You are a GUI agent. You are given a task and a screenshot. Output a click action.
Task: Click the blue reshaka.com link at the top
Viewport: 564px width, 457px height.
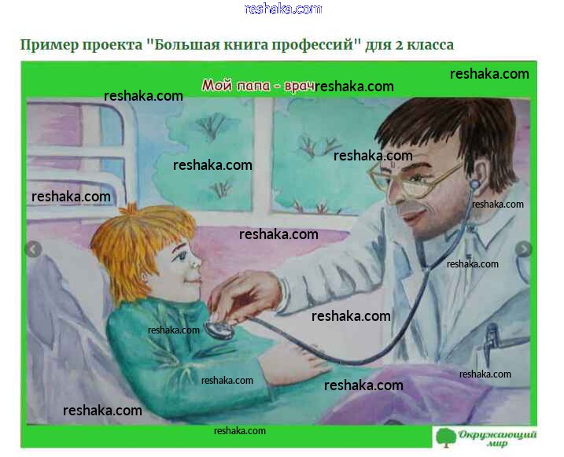coord(282,9)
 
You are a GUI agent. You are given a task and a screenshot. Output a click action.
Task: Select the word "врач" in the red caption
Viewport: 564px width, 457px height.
coord(299,87)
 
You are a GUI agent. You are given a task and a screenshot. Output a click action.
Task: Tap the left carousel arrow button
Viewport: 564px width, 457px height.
coord(34,249)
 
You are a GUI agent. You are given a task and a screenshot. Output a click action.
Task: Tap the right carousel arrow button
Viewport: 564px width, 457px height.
coord(523,249)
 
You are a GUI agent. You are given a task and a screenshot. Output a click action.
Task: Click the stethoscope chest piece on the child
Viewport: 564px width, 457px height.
coord(219,329)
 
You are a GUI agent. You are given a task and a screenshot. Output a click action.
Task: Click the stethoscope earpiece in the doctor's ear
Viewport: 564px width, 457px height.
coord(475,185)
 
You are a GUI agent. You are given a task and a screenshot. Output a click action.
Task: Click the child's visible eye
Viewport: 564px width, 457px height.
coord(181,256)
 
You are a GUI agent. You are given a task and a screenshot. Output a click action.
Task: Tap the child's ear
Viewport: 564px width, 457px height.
coord(145,277)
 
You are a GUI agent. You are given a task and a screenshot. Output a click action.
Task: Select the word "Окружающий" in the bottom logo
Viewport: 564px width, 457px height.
coord(497,435)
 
